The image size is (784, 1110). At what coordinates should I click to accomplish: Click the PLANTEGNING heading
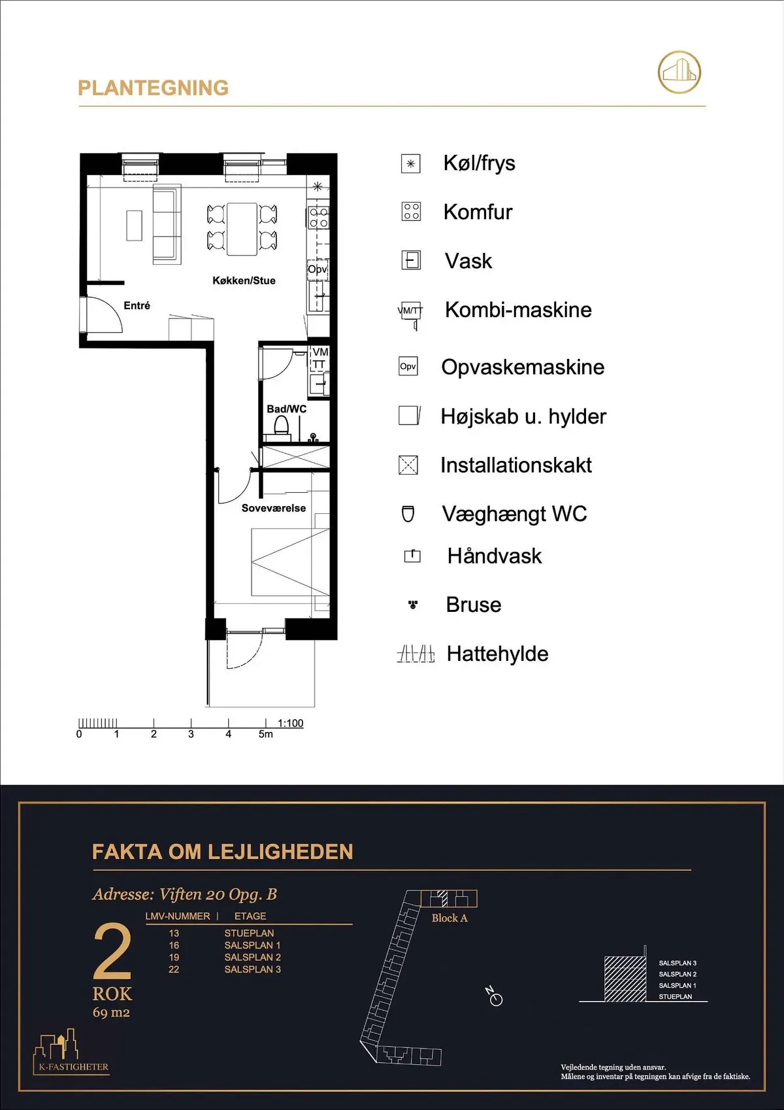[x=154, y=88]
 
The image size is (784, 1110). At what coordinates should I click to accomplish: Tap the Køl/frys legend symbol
[x=410, y=163]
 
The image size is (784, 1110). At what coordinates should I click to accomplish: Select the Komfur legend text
[x=478, y=212]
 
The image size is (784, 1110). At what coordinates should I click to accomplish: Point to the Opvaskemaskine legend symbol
[x=408, y=366]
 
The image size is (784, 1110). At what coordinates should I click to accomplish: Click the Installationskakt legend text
[x=516, y=465]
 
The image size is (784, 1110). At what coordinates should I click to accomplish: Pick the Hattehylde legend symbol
[x=416, y=654]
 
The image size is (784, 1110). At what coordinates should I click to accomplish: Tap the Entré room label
[x=137, y=305]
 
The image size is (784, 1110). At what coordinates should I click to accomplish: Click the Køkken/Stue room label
[x=244, y=280]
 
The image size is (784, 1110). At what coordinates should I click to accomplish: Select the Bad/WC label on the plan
[x=286, y=409]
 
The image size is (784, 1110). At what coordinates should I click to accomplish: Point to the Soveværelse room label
[x=273, y=508]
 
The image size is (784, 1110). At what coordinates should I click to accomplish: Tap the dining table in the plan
[x=242, y=229]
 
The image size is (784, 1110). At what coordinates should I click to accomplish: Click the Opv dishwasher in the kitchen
[x=318, y=269]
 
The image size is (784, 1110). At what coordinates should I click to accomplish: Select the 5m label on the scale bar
[x=265, y=734]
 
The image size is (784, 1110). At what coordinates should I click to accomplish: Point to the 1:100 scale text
[x=290, y=723]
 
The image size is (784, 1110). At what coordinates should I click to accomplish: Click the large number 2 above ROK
[x=112, y=951]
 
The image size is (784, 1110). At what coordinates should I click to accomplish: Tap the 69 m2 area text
[x=112, y=1013]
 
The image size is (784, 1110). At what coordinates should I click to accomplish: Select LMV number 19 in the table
[x=174, y=957]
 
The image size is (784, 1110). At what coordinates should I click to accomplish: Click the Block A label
[x=449, y=918]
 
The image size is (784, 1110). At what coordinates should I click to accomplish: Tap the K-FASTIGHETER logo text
[x=73, y=1067]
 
